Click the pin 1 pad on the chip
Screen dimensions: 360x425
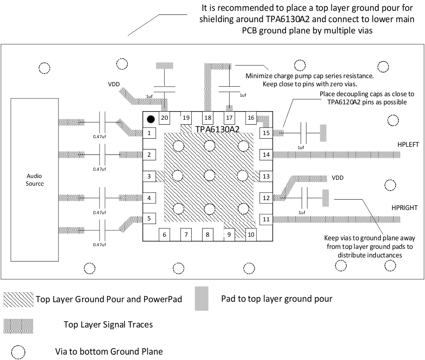[x=149, y=133]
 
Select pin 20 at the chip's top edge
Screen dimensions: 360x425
[x=165, y=118]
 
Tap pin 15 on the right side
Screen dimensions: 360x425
[x=266, y=133]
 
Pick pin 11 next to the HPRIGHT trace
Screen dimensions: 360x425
[x=266, y=220]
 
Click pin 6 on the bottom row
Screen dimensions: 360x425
[x=165, y=234]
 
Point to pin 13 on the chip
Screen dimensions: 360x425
[x=266, y=177]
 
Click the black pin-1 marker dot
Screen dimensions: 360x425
[x=151, y=119]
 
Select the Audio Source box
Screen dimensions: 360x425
[x=35, y=180]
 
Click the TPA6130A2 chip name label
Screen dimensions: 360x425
[x=217, y=129]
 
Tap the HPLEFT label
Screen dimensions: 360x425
[x=408, y=145]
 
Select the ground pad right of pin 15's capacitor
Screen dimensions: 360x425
[x=323, y=133]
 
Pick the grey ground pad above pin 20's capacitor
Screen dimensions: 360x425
[x=165, y=65]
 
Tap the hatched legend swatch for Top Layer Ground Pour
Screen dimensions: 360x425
[x=19, y=299]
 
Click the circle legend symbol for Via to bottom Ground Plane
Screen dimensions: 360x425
[x=19, y=351]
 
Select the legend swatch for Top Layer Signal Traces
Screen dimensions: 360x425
[x=19, y=325]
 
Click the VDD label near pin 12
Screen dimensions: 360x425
[x=338, y=178]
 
